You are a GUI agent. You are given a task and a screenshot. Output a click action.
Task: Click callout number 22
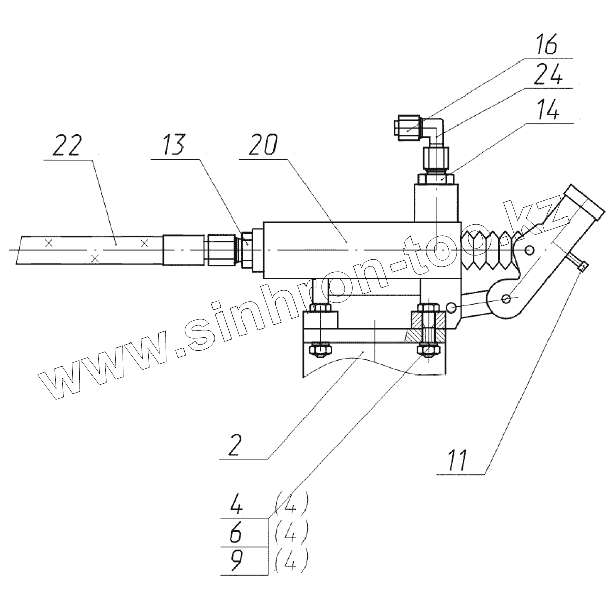(x=67, y=146)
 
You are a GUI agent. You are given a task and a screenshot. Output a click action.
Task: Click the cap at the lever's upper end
(x=585, y=200)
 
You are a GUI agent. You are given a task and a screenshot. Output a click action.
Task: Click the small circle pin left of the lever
(x=450, y=306)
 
